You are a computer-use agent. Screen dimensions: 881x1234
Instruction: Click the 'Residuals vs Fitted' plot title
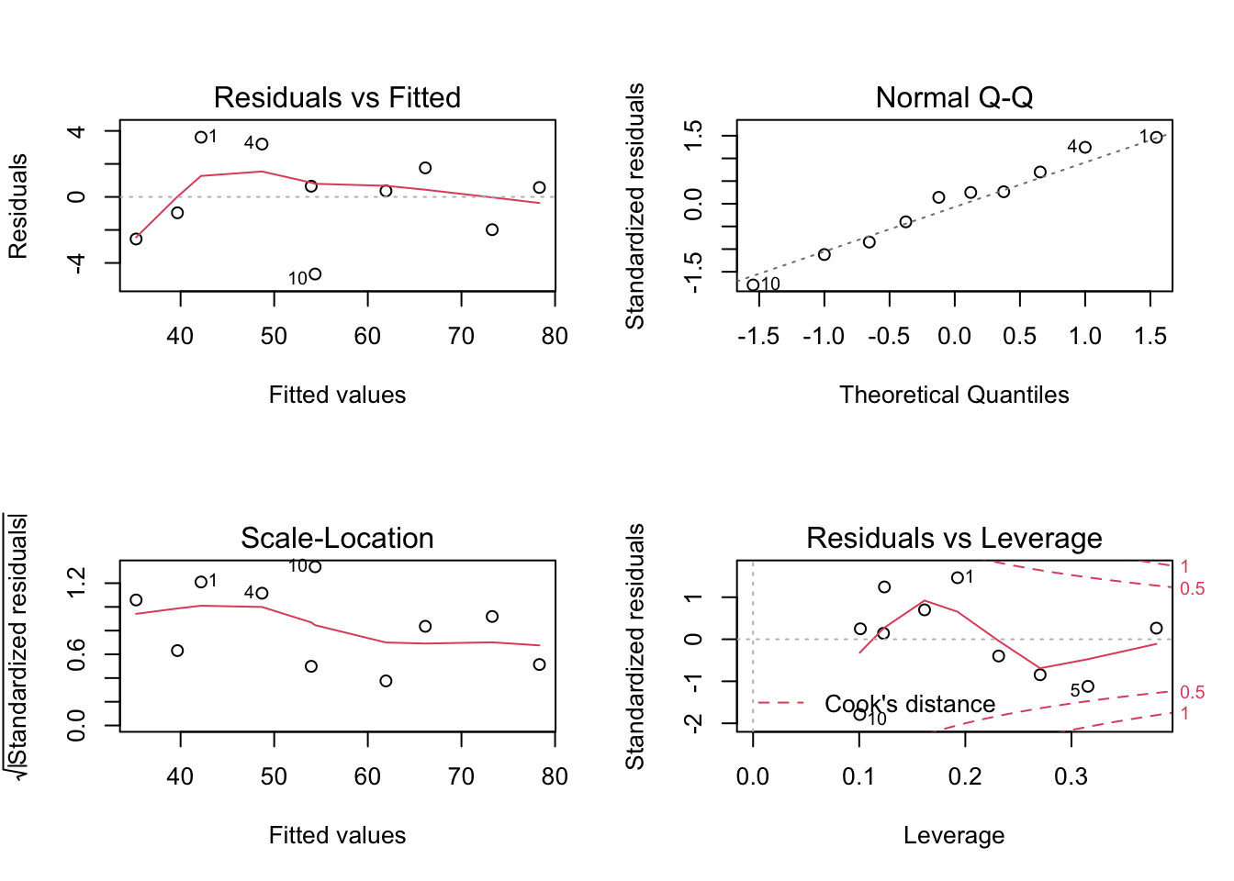tap(337, 97)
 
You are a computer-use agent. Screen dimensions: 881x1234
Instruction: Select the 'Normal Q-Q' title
tap(954, 97)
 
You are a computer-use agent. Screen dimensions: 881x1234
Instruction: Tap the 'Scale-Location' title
tap(337, 538)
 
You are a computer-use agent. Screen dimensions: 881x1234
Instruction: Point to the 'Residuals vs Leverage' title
tap(954, 538)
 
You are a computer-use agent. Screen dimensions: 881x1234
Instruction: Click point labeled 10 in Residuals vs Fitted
tap(315, 274)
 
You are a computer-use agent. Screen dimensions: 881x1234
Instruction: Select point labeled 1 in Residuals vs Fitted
tap(201, 138)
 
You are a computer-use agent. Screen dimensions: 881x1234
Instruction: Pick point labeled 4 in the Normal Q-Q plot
tap(1085, 148)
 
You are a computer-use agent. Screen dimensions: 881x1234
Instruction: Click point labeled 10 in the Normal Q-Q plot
tap(753, 285)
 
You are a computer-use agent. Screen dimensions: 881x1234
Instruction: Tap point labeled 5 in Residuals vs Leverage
tap(1088, 686)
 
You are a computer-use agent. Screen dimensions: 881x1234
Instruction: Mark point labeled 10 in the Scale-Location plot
tap(315, 567)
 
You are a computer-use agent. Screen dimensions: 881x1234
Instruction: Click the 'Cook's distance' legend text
tap(909, 704)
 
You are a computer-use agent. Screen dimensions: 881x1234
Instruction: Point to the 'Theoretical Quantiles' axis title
tap(954, 395)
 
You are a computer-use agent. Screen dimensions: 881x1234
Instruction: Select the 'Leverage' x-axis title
tap(954, 835)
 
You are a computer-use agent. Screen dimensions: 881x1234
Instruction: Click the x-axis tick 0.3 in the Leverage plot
tap(1071, 776)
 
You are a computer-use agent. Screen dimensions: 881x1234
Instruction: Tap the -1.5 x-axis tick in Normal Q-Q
tap(758, 336)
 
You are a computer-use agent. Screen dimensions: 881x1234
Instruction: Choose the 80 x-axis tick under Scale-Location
tap(555, 776)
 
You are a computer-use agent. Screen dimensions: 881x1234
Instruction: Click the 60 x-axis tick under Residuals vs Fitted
tap(367, 336)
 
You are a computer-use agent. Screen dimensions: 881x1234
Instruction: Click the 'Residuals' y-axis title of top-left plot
tap(18, 206)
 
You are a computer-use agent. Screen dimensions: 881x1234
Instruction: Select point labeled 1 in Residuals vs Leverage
tap(958, 578)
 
